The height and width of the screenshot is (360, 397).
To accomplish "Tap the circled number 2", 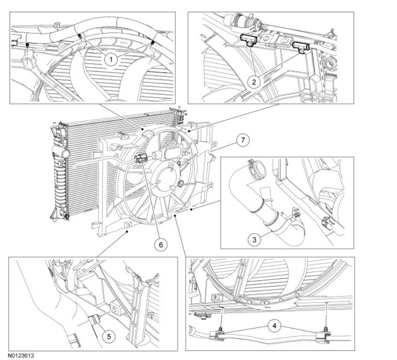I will pos(254,80).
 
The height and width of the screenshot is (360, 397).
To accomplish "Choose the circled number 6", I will pos(161,244).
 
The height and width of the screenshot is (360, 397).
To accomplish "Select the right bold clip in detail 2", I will pos(300,46).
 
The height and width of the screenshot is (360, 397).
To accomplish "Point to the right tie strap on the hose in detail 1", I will pos(153,43).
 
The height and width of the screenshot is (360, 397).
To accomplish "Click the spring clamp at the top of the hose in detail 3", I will pos(255,165).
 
